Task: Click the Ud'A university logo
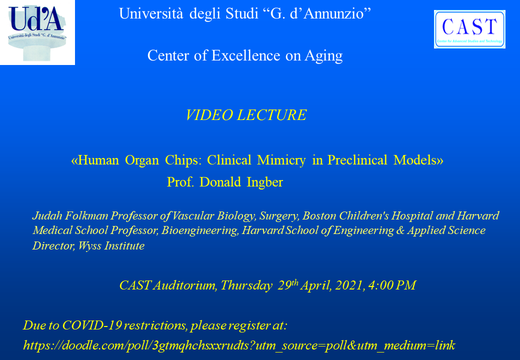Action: coord(37,32)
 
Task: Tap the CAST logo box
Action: coord(469,29)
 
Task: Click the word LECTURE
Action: coord(272,115)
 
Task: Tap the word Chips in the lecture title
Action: coord(183,160)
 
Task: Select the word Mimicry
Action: coord(281,160)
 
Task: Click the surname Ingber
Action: coord(264,182)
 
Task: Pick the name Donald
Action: coord(220,182)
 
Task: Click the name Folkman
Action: coord(86,216)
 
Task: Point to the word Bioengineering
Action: coord(200,230)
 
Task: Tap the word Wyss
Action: coord(89,246)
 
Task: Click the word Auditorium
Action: coord(184,285)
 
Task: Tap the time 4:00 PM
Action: coord(392,285)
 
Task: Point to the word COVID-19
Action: coord(92,325)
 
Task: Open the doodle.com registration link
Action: coord(239,345)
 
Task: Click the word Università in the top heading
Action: coord(151,13)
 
